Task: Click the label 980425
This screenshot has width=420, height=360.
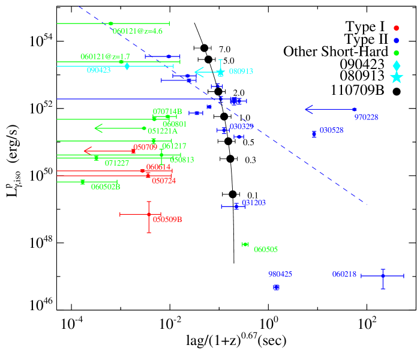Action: (x=280, y=274)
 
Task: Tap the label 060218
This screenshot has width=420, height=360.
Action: (x=344, y=274)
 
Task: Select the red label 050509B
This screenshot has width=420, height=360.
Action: (x=167, y=220)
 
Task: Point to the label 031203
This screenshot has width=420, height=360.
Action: (x=254, y=203)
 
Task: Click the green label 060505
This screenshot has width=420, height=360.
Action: (x=266, y=250)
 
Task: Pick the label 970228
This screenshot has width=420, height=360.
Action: (x=366, y=117)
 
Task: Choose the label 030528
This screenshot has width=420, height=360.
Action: (x=331, y=130)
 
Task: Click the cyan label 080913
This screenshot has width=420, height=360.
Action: (x=241, y=71)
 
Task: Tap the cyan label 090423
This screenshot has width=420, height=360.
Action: (x=98, y=70)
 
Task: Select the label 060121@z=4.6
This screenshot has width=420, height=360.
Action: (x=137, y=31)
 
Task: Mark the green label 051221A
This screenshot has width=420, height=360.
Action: (x=163, y=131)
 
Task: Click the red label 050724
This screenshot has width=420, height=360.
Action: (x=164, y=181)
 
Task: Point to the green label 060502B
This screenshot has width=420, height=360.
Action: (x=106, y=187)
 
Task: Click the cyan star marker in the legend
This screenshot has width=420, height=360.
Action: (x=397, y=77)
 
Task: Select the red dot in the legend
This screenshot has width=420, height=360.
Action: (x=396, y=28)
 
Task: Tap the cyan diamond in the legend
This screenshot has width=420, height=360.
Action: (x=397, y=65)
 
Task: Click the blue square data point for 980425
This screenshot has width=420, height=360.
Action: (x=276, y=287)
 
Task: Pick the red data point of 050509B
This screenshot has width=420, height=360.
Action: (x=149, y=214)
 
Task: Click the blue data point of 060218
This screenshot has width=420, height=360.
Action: (x=382, y=276)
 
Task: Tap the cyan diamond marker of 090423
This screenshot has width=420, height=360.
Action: (x=127, y=66)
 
